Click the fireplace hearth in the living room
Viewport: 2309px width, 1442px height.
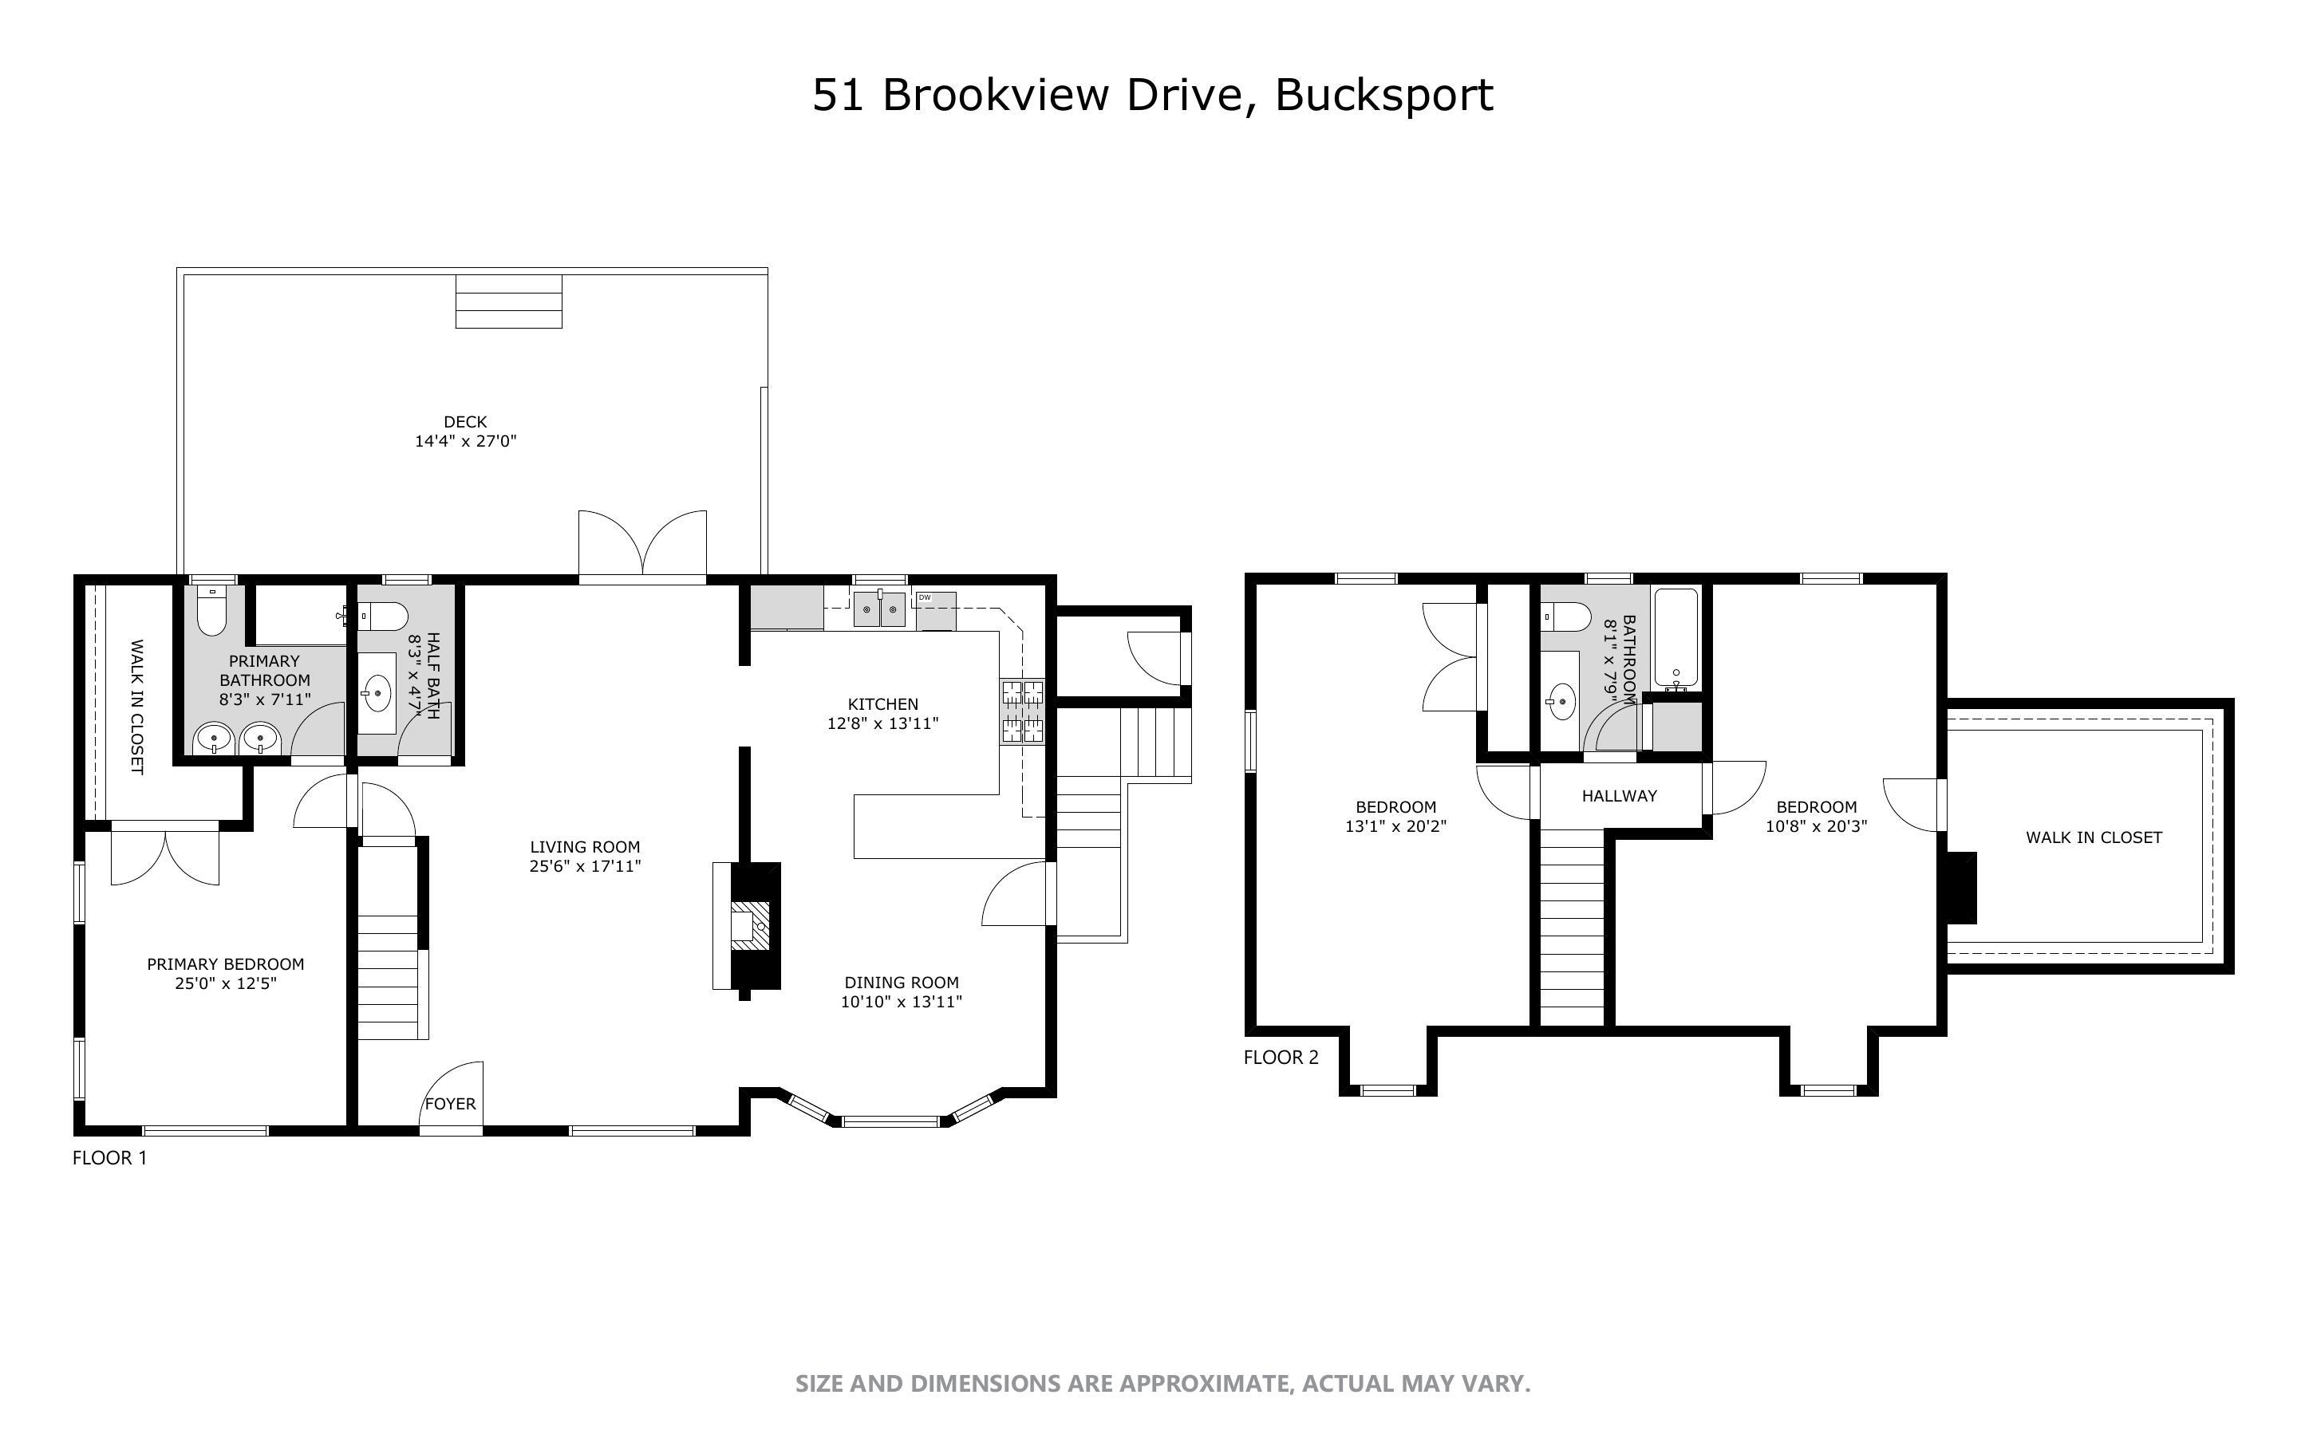tap(748, 925)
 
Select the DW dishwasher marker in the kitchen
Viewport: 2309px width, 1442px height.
tap(924, 598)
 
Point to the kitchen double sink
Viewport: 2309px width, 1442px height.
tap(879, 609)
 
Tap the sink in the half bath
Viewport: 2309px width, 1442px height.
tap(377, 692)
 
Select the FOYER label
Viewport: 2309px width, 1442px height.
tap(450, 1104)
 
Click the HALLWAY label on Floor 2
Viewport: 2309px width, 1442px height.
tap(1619, 795)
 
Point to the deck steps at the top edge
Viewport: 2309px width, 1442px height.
tap(508, 301)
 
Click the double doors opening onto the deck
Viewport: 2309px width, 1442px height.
tap(641, 546)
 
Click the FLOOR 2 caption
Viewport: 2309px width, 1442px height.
tap(1281, 1057)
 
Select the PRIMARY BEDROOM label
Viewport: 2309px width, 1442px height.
tap(225, 964)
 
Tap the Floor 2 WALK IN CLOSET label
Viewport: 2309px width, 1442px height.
tap(2093, 837)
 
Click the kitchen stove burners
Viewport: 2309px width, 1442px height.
tap(1021, 711)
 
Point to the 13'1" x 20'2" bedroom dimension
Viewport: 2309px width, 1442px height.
tap(1395, 827)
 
